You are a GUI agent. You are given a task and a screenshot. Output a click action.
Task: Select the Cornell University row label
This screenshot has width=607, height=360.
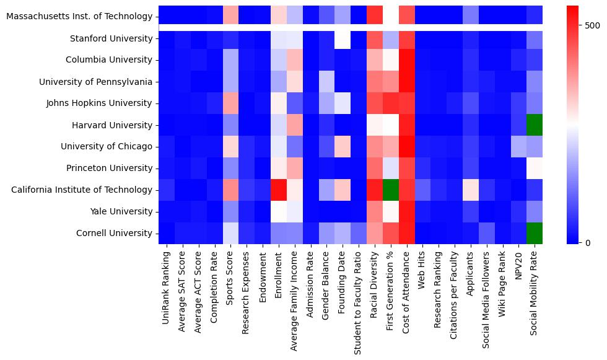tap(114, 233)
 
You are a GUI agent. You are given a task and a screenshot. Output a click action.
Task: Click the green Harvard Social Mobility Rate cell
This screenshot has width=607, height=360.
tap(535, 125)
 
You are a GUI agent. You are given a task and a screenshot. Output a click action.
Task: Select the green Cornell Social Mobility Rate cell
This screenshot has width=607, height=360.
tap(535, 233)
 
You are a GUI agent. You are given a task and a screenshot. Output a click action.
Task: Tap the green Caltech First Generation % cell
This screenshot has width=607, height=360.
tap(390, 190)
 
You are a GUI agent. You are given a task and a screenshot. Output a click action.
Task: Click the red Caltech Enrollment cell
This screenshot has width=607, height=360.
tap(278, 190)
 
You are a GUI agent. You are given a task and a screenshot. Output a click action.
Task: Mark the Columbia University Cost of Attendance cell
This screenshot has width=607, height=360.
tap(406, 60)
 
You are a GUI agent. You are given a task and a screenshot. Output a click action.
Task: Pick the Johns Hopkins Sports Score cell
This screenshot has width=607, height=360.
tap(230, 103)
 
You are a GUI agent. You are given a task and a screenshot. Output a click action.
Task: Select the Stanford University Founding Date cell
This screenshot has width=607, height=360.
tap(343, 38)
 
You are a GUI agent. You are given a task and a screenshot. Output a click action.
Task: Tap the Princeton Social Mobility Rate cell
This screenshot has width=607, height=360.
tap(535, 168)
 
